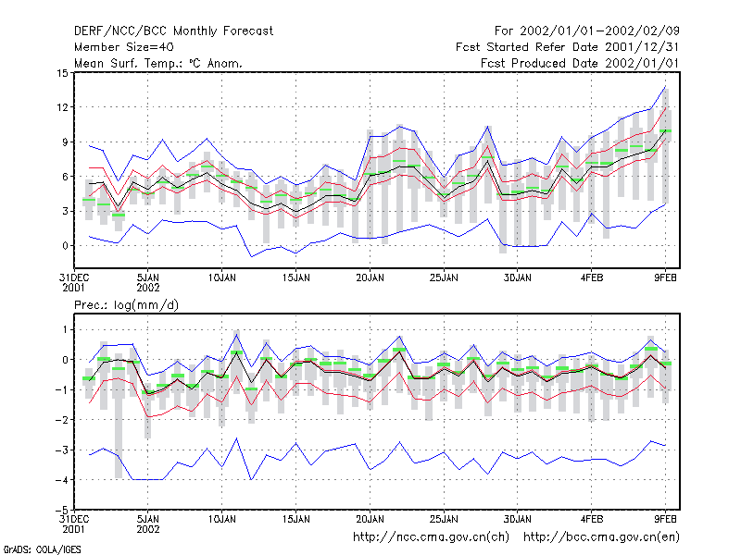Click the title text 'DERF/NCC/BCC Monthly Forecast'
pyautogui.click(x=173, y=31)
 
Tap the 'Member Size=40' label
pyautogui.click(x=124, y=47)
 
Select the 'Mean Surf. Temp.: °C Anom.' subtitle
pyautogui.click(x=158, y=63)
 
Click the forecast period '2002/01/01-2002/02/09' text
pyautogui.click(x=599, y=31)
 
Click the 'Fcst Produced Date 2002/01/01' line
pyautogui.click(x=580, y=63)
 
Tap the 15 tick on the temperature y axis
pyautogui.click(x=62, y=73)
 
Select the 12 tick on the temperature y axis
pyautogui.click(x=62, y=107)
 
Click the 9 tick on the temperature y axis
pyautogui.click(x=65, y=142)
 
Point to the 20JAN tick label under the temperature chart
pyautogui.click(x=370, y=278)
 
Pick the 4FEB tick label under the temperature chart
pyautogui.click(x=592, y=278)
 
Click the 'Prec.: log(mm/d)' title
pyautogui.click(x=126, y=305)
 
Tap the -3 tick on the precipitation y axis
pyautogui.click(x=61, y=450)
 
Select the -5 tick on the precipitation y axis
pyautogui.click(x=61, y=511)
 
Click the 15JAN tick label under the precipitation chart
pyautogui.click(x=296, y=519)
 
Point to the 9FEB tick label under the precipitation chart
pyautogui.click(x=665, y=519)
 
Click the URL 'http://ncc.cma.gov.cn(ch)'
pyautogui.click(x=431, y=537)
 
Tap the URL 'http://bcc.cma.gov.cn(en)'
pyautogui.click(x=601, y=537)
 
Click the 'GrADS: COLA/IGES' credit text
pyautogui.click(x=42, y=549)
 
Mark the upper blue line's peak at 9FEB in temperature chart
pyautogui.click(x=665, y=86)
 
